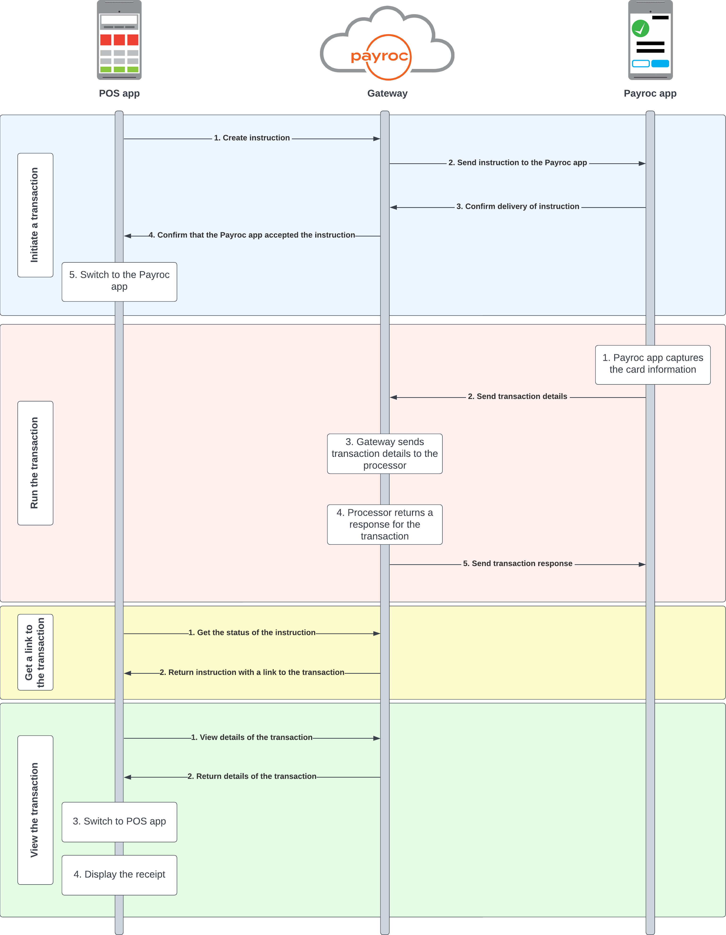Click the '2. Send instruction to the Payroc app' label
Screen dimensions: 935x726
coord(517,163)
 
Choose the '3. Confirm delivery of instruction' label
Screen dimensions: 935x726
coord(517,206)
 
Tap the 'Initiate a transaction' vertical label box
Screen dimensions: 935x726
coord(35,215)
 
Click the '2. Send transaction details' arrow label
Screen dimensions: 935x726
coord(517,396)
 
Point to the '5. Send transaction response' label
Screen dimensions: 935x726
coord(517,563)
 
